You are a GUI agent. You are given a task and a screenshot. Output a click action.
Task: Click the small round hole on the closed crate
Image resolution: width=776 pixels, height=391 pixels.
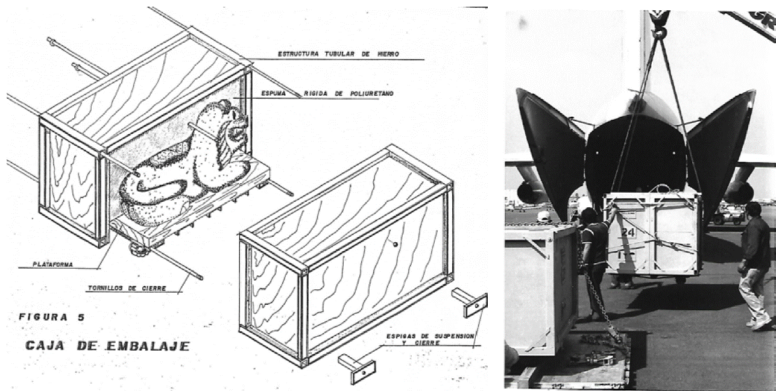pyautogui.click(x=394, y=244)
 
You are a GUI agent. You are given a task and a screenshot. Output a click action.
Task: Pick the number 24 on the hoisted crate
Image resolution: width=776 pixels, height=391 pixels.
pyautogui.click(x=628, y=233)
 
